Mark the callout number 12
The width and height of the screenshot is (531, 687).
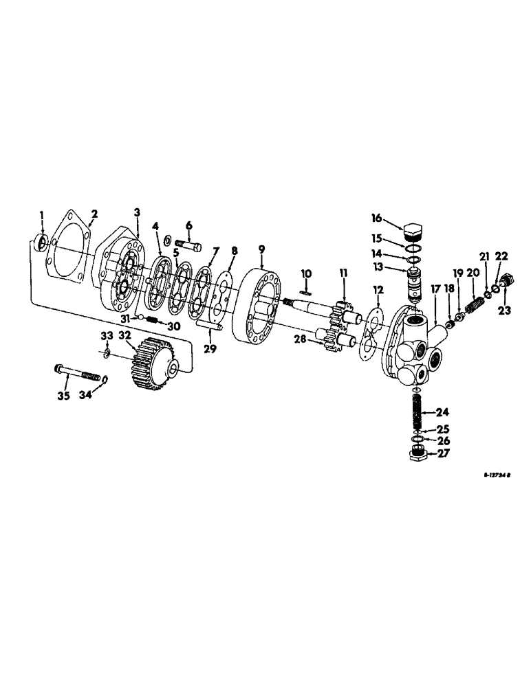(x=378, y=291)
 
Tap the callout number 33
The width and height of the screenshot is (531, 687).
(x=107, y=335)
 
